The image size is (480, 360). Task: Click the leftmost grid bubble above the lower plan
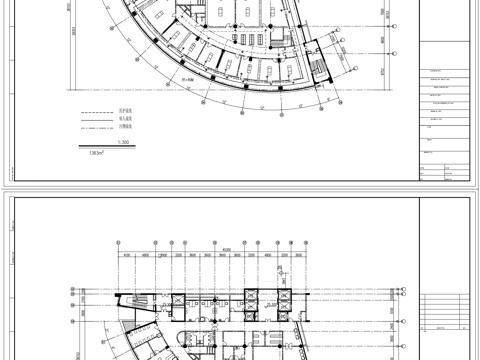tap(119, 243)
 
